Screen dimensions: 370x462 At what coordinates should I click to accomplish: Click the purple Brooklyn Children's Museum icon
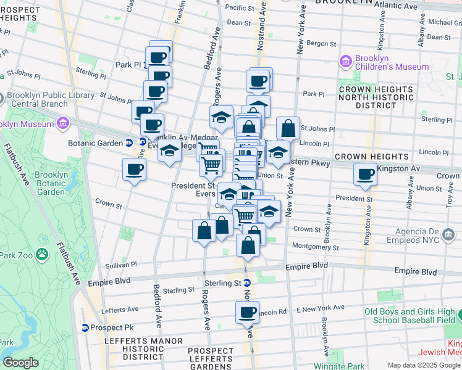(345, 62)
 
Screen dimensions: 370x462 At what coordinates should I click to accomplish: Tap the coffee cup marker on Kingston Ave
(366, 174)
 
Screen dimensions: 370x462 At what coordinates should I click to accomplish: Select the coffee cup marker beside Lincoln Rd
(247, 312)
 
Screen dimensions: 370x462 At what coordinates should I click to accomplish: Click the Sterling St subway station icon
(246, 282)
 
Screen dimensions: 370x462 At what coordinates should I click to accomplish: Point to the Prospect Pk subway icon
(85, 327)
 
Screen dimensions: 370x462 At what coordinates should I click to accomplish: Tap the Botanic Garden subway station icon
(129, 142)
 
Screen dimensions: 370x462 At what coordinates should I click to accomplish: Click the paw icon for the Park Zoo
(42, 253)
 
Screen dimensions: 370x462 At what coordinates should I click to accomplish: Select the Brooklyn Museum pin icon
(62, 123)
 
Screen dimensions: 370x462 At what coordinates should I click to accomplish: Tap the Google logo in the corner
(20, 363)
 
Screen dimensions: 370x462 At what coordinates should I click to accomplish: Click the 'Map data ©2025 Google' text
(424, 365)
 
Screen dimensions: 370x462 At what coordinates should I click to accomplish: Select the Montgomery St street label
(316, 247)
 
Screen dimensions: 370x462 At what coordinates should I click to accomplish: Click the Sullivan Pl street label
(121, 264)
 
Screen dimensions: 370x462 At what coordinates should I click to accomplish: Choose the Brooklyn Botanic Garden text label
(50, 183)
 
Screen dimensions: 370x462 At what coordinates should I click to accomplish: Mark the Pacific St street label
(241, 7)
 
